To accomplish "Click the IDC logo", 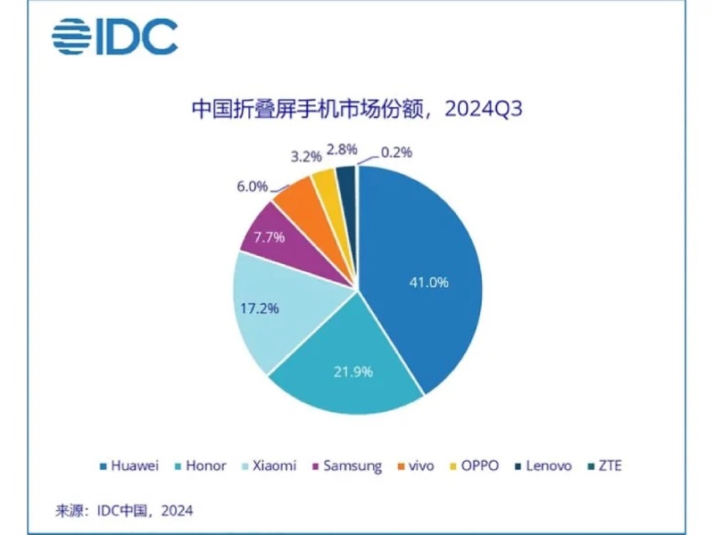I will [114, 37].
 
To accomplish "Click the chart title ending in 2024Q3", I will [357, 110].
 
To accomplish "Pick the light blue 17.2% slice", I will [268, 308].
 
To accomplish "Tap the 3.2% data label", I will [305, 155].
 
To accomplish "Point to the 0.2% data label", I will [395, 152].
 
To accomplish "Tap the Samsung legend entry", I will [349, 465].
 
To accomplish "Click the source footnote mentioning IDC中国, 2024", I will [124, 510].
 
